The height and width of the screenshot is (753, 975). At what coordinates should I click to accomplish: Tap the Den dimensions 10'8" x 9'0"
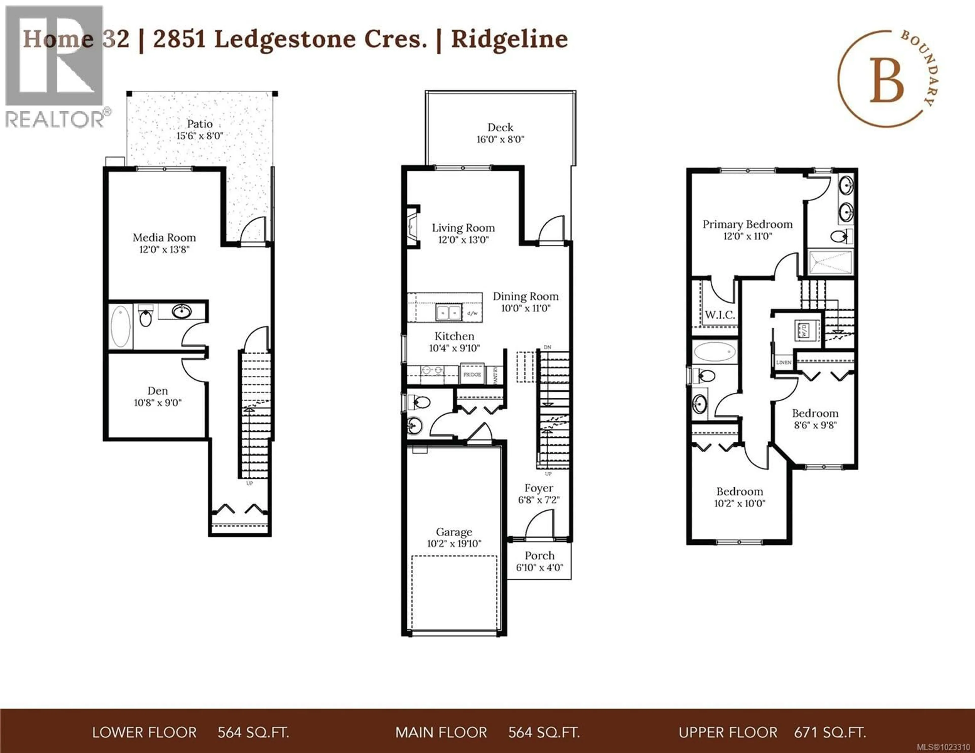[x=158, y=403]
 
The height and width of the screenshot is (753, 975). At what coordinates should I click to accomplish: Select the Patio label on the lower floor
[x=200, y=124]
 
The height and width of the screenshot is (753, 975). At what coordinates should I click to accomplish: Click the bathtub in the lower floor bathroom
[x=121, y=326]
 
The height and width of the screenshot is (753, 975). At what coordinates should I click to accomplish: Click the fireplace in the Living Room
[x=412, y=227]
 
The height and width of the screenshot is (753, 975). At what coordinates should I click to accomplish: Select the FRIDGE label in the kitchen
[x=472, y=374]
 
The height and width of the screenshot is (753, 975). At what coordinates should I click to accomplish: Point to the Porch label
[x=539, y=556]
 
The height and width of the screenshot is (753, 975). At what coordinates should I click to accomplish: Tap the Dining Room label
[x=525, y=296]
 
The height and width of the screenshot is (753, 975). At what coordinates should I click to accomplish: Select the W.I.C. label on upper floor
[x=720, y=315]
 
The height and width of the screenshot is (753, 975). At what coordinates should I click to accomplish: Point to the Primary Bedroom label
[x=747, y=224]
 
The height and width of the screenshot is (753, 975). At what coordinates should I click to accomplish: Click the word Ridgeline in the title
[x=509, y=39]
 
